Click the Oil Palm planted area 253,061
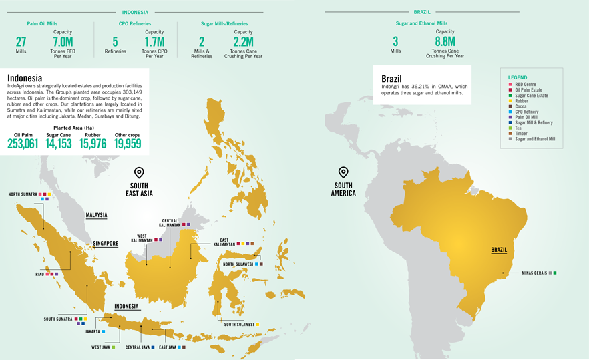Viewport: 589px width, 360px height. [x=23, y=143]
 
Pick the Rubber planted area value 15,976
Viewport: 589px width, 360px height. [x=93, y=143]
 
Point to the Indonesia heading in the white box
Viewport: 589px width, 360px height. [x=24, y=78]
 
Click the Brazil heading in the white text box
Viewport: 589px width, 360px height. [x=391, y=78]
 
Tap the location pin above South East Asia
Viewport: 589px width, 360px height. [x=139, y=172]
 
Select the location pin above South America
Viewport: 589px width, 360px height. [x=343, y=172]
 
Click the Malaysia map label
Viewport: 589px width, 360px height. [x=96, y=215]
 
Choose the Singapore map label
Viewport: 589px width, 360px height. [x=106, y=244]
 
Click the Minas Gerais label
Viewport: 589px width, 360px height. [x=534, y=273]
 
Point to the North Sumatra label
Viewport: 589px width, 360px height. [x=22, y=194]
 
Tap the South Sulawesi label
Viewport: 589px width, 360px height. [x=238, y=325]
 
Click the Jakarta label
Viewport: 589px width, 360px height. [x=92, y=331]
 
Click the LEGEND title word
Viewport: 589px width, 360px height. [x=518, y=78]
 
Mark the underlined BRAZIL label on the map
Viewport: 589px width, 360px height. [x=499, y=250]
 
